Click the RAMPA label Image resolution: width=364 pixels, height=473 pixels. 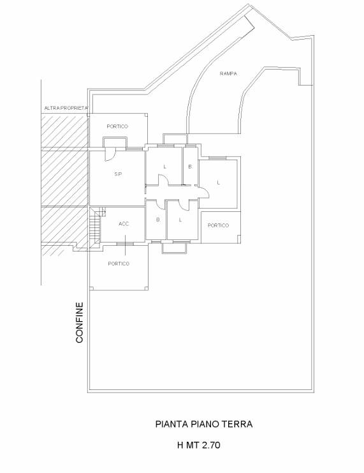click(x=228, y=73)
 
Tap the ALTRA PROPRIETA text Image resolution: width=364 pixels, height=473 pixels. click(x=66, y=108)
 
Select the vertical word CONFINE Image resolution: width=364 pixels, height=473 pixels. click(x=80, y=323)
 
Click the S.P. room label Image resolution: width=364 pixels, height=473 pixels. click(x=118, y=174)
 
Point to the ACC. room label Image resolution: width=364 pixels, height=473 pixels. click(x=124, y=224)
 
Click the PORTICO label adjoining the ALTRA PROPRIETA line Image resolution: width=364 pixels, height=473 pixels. click(x=117, y=126)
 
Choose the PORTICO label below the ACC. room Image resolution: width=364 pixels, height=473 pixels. click(x=119, y=264)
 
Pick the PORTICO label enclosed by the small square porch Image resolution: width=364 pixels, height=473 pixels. click(x=218, y=225)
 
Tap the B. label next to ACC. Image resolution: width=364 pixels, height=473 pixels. click(x=158, y=220)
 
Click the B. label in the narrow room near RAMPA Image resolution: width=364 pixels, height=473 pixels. click(x=190, y=167)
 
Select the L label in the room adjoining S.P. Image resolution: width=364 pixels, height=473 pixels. click(x=165, y=167)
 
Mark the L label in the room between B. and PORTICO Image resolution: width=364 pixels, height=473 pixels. click(x=180, y=220)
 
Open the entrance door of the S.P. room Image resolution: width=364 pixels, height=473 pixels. click(x=110, y=154)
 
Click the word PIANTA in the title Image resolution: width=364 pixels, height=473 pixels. click(x=172, y=424)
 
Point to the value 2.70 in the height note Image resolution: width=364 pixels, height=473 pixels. click(x=211, y=446)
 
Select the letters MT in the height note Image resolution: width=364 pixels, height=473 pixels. click(x=193, y=446)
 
